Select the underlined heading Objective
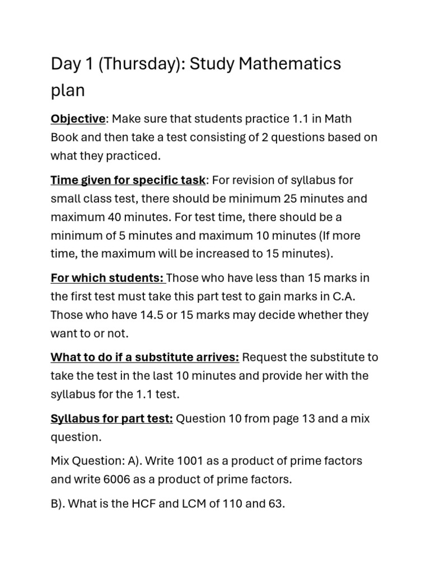78,119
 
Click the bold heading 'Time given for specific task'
128,180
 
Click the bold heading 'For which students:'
107,278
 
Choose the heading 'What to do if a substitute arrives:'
145,358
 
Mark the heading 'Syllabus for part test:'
111,419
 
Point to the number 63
275,504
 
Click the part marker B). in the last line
58,504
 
